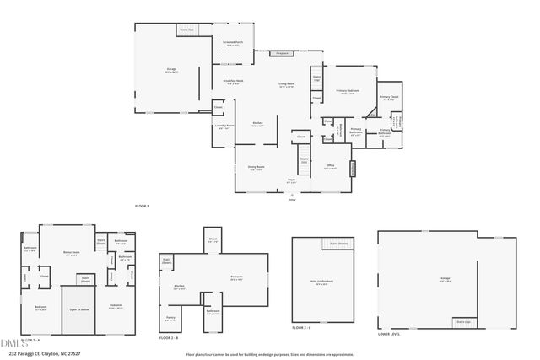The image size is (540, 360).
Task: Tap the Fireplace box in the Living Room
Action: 283,53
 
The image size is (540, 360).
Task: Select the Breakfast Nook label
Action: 233,82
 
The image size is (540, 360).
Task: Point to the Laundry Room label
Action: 224,126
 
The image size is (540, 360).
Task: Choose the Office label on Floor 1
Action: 332,166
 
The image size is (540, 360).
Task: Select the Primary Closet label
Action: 388,98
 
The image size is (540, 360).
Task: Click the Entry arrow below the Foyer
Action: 292,196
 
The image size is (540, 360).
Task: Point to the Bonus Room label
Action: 71,252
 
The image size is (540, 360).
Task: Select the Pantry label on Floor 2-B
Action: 170,320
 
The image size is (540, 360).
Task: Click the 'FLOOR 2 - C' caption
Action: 301,327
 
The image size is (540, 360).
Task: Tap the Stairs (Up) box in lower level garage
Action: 462,321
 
